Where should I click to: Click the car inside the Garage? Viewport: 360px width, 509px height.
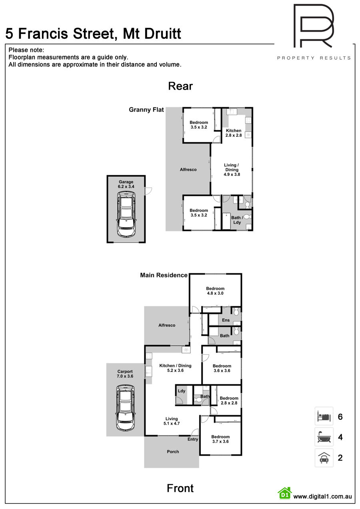[x=126, y=214]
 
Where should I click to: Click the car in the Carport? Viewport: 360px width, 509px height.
[x=125, y=408]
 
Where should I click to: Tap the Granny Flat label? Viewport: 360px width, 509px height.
[x=146, y=110]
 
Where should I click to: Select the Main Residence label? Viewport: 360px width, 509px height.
[x=164, y=275]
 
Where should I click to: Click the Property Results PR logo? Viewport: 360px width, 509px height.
[x=314, y=26]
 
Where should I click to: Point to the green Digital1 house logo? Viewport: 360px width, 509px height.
[x=285, y=493]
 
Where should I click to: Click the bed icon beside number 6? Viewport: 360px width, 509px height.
[x=324, y=417]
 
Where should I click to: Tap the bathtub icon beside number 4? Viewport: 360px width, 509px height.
[x=324, y=437]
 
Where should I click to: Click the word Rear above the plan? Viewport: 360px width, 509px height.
[x=180, y=86]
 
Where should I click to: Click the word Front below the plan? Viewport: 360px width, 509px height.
[x=180, y=488]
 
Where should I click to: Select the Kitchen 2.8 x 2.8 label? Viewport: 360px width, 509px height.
[x=234, y=133]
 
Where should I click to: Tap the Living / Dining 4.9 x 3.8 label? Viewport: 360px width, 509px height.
[x=232, y=170]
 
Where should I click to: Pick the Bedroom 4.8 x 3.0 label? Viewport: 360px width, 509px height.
[x=215, y=291]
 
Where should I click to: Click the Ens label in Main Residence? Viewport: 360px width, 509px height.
[x=226, y=320]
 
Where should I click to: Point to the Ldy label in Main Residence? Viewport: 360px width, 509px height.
[x=181, y=391]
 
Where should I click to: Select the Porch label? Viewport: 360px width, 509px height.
[x=173, y=452]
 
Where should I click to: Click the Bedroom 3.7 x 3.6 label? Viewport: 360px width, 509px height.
[x=220, y=439]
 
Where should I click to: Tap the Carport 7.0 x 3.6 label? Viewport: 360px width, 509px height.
[x=125, y=374]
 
